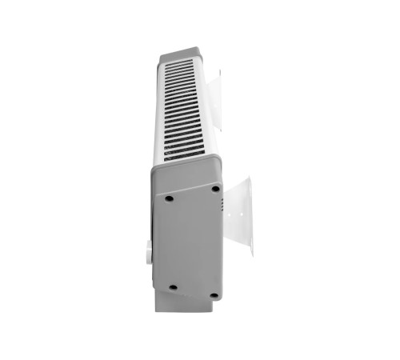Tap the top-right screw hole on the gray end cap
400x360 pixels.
pyautogui.click(x=214, y=189)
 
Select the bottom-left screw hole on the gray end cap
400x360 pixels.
pyautogui.click(x=172, y=286)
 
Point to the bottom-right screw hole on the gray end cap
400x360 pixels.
pyautogui.click(x=214, y=294)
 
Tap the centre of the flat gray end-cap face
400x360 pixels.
pyautogui.click(x=190, y=240)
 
